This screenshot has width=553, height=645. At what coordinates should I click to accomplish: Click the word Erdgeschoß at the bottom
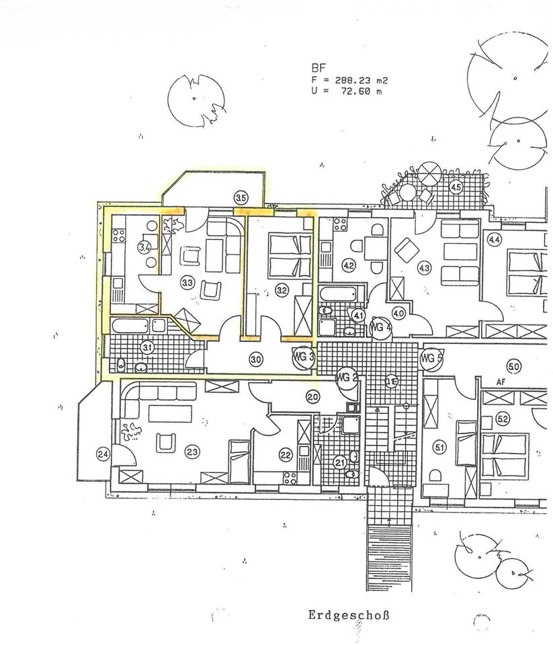click(x=349, y=615)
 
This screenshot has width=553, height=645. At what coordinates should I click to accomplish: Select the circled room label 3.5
click(x=241, y=198)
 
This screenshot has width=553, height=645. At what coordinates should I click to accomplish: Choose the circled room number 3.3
click(x=187, y=283)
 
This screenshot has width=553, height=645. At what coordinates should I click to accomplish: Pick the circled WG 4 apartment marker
click(x=380, y=327)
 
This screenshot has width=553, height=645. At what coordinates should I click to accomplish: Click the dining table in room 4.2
click(x=376, y=248)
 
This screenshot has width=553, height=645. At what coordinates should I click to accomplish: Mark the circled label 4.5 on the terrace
click(x=456, y=187)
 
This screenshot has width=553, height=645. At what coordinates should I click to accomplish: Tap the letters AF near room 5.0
click(x=500, y=381)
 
